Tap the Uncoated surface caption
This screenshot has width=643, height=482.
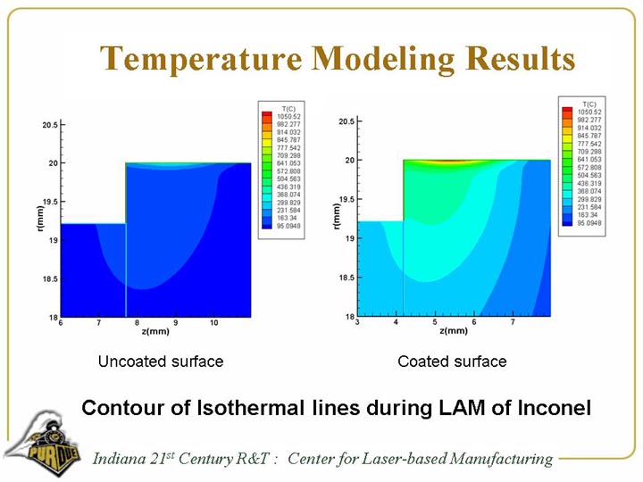pyautogui.click(x=161, y=361)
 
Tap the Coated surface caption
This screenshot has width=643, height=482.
pyautogui.click(x=452, y=361)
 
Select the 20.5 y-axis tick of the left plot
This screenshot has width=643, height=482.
pyautogui.click(x=50, y=125)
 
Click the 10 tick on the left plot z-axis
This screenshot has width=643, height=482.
pyautogui.click(x=213, y=322)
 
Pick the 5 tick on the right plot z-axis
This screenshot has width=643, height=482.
pyautogui.click(x=435, y=322)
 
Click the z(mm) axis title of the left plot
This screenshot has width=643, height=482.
pyautogui.click(x=154, y=332)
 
